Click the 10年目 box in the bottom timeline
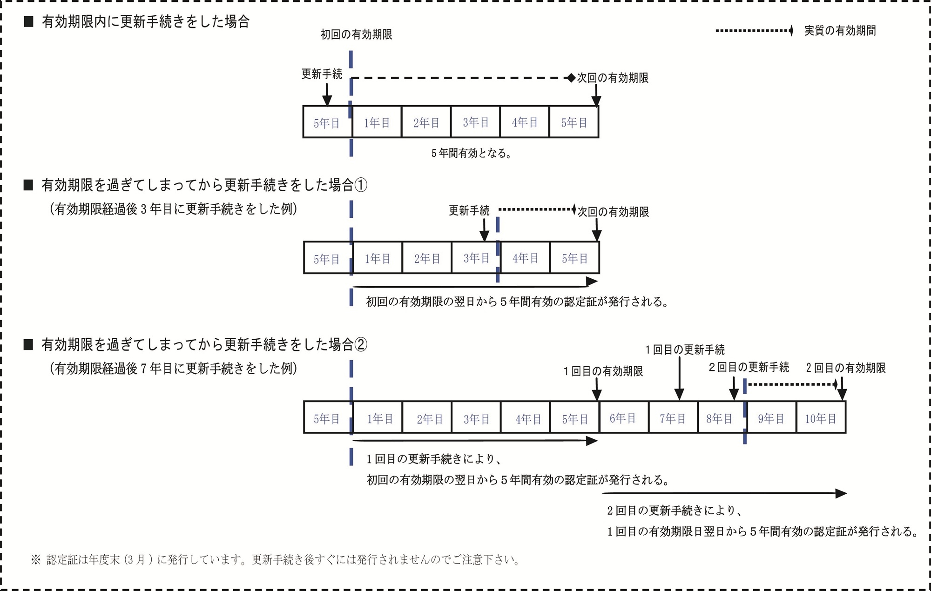821,418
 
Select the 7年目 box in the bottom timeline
673,418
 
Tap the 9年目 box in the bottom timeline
771,418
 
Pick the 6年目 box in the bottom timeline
623,418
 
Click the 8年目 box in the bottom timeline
719,418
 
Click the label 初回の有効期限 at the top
356,34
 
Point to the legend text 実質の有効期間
840,31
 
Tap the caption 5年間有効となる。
471,153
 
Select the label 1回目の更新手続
685,349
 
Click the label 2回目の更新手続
749,367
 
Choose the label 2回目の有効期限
845,368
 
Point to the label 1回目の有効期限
603,371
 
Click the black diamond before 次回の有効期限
571,78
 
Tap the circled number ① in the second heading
361,185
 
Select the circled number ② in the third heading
361,344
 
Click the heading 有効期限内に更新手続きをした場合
146,21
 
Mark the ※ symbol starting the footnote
36,559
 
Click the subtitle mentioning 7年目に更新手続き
173,369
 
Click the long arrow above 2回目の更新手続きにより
724,493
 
